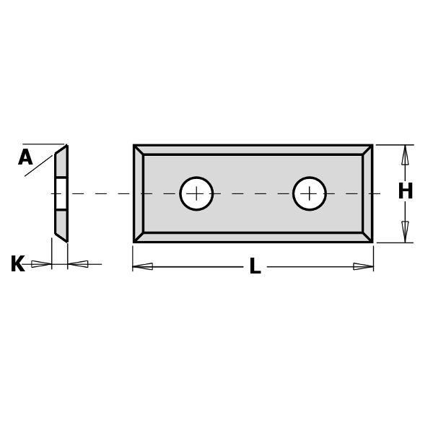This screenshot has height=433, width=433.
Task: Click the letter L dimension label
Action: pyautogui.click(x=254, y=267)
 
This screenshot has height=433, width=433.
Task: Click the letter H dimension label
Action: pyautogui.click(x=405, y=192)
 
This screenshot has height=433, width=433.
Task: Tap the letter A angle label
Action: pyautogui.click(x=25, y=158)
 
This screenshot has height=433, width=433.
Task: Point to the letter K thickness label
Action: pyautogui.click(x=17, y=265)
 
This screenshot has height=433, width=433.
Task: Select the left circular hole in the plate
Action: pyautogui.click(x=196, y=193)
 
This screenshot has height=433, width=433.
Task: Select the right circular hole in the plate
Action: pyautogui.click(x=310, y=193)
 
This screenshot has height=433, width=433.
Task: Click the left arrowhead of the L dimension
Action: pyautogui.click(x=143, y=266)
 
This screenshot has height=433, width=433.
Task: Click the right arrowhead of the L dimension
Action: pyautogui.click(x=363, y=266)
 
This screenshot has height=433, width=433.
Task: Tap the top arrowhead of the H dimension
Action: pyautogui.click(x=405, y=154)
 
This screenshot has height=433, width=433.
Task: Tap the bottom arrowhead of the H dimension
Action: pyautogui.click(x=405, y=232)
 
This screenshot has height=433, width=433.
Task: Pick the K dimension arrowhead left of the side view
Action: pyautogui.click(x=41, y=264)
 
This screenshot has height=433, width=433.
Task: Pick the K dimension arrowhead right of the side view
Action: pyautogui.click(x=78, y=264)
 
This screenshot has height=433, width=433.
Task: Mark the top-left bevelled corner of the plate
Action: pyautogui.click(x=139, y=149)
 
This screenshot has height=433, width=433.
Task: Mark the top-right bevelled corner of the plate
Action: pyautogui.click(x=367, y=149)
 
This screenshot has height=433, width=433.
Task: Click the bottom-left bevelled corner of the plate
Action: pyautogui.click(x=139, y=237)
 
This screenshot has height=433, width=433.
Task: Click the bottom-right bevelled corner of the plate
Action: pyautogui.click(x=367, y=237)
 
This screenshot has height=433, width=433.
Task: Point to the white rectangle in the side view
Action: pyautogui.click(x=61, y=193)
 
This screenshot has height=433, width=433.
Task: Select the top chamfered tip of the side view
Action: pyautogui.click(x=61, y=151)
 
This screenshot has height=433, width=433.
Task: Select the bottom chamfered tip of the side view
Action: pyautogui.click(x=61, y=237)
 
